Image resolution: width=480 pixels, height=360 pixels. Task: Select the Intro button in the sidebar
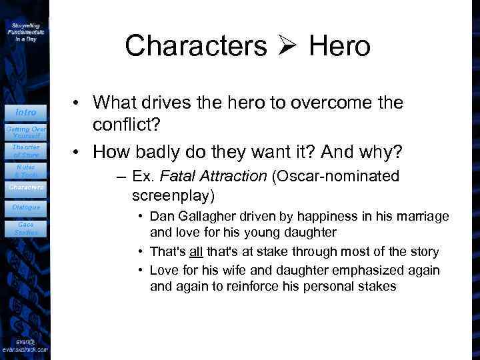click(26, 112)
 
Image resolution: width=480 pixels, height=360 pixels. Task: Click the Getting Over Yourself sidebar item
click(26, 131)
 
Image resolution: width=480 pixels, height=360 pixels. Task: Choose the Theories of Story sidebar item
click(26, 151)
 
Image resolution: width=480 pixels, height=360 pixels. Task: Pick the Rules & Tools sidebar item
click(26, 171)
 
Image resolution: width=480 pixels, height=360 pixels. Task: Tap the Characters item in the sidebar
click(26, 187)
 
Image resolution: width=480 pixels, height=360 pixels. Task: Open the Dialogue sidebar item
click(26, 207)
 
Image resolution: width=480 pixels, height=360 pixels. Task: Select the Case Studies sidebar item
click(26, 228)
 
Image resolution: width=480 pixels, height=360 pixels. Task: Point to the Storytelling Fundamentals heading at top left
click(26, 31)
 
